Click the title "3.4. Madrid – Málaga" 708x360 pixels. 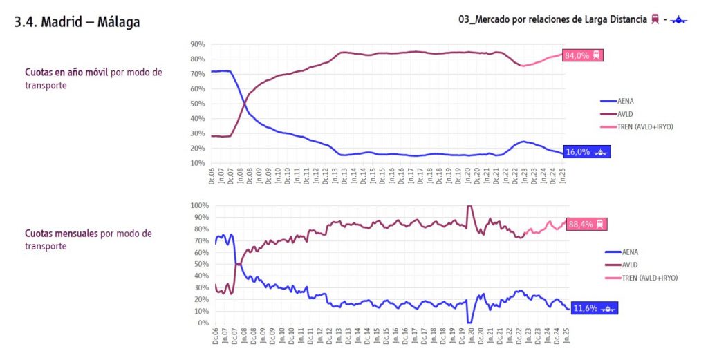[77, 22]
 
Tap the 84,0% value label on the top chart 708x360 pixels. [584, 55]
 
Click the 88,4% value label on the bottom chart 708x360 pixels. [586, 224]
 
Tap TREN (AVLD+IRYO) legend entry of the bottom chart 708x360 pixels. [649, 277]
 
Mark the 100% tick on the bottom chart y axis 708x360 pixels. [198, 205]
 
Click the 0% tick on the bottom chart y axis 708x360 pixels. [202, 323]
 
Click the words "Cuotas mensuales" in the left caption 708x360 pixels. [62, 234]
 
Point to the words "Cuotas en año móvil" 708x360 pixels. [66, 72]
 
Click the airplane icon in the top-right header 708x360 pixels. [678, 20]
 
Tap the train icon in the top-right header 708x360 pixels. [654, 19]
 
